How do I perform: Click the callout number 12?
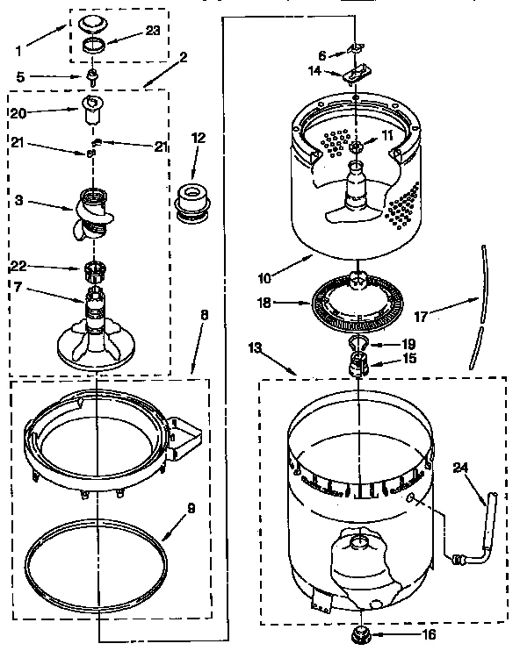click(198, 138)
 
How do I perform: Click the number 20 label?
click(18, 113)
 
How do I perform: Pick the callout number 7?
click(18, 289)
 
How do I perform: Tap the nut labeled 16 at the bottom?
click(358, 633)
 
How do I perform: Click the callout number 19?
click(407, 344)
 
